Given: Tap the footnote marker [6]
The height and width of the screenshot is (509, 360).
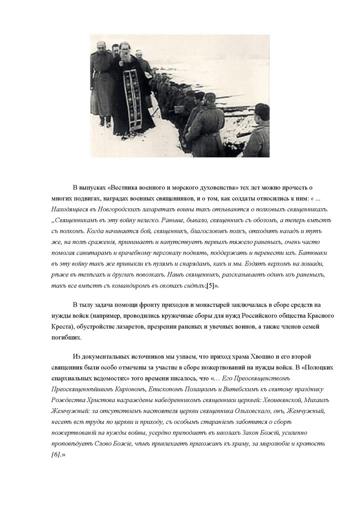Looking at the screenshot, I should tap(56, 455).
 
